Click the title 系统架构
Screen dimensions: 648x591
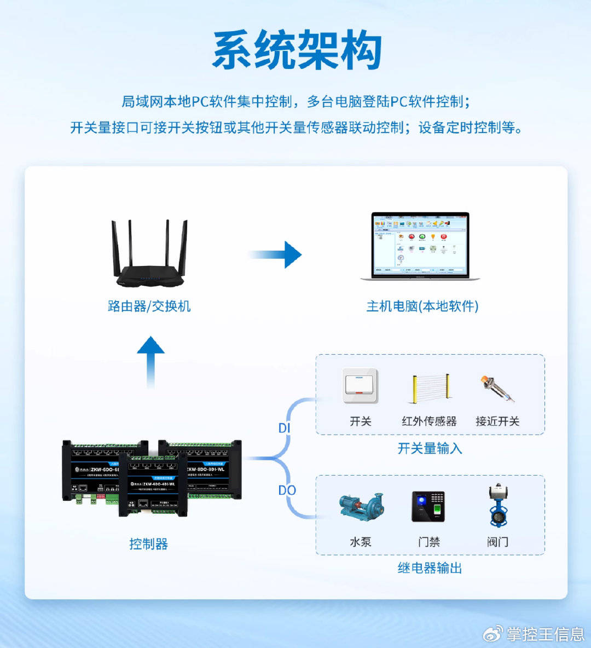(x=296, y=50)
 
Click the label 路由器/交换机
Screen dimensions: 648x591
(x=149, y=306)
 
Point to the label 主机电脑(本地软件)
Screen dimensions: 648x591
(x=422, y=306)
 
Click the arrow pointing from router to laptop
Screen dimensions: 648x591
(x=276, y=254)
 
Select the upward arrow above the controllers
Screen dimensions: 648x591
(x=150, y=361)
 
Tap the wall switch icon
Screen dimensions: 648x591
(x=360, y=386)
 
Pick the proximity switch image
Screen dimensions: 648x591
(x=496, y=387)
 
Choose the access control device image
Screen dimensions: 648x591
(x=428, y=506)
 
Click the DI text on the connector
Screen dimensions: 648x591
(x=285, y=428)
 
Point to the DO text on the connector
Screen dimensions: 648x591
(x=287, y=490)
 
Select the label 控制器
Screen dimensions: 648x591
(x=148, y=543)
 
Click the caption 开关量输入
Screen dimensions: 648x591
(x=430, y=449)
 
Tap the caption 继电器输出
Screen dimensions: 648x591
(x=430, y=568)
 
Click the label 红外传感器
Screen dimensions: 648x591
(x=429, y=421)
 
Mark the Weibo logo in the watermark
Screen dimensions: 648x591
(x=493, y=634)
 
